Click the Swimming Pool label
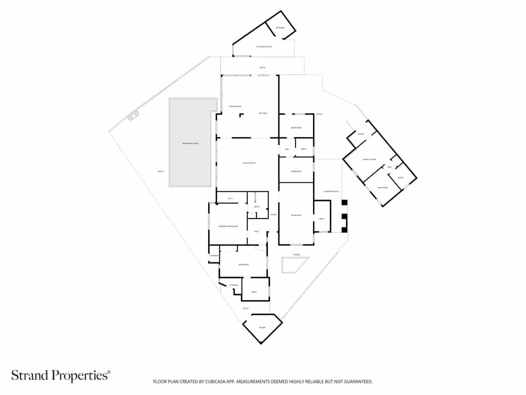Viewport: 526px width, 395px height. pyautogui.click(x=191, y=144)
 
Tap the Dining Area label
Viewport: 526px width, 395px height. pyautogui.click(x=235, y=106)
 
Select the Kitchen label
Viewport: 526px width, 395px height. pyautogui.click(x=263, y=113)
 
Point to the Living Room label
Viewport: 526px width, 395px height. pyautogui.click(x=249, y=163)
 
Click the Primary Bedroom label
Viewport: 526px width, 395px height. pyautogui.click(x=228, y=226)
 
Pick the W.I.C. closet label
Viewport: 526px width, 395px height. pyautogui.click(x=230, y=198)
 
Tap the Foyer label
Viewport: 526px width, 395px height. pyautogui.click(x=273, y=215)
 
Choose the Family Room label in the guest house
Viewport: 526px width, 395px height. pyautogui.click(x=370, y=159)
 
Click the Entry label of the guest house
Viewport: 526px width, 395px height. pyautogui.click(x=361, y=134)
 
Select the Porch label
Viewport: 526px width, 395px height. pyautogui.click(x=297, y=255)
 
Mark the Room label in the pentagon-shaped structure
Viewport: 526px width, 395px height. pyautogui.click(x=262, y=328)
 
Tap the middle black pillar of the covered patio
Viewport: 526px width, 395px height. pyautogui.click(x=344, y=217)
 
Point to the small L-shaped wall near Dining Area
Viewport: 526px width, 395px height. pyautogui.click(x=241, y=115)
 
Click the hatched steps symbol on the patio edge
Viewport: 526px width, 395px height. pyautogui.click(x=133, y=115)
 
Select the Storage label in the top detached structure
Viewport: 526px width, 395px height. pyautogui.click(x=280, y=28)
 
